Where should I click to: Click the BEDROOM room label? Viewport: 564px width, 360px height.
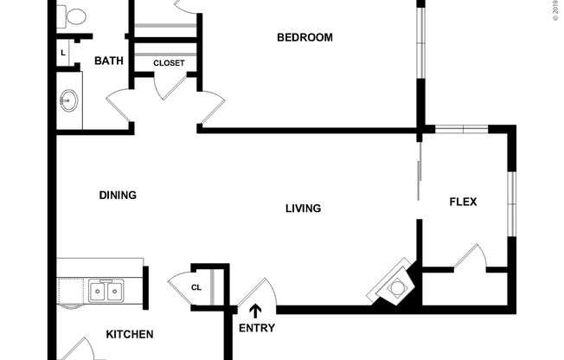pos(304,37)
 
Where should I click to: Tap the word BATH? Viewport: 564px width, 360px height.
pos(108,61)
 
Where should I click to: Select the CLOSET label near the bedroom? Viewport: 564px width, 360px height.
pos(169,63)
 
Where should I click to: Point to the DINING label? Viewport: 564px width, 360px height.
pos(118,196)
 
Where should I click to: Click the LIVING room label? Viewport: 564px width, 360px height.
pos(304,209)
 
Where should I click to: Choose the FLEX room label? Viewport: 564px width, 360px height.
pos(463,202)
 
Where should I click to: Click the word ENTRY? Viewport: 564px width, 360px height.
pos(257,328)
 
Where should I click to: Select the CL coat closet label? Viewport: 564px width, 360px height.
pos(196,288)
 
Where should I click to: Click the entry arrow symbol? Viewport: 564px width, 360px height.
pos(255,311)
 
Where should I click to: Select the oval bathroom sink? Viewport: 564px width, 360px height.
pos(69,101)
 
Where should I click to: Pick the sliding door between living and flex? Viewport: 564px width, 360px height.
pos(420,173)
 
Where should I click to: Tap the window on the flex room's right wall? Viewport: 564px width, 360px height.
pos(511,203)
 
